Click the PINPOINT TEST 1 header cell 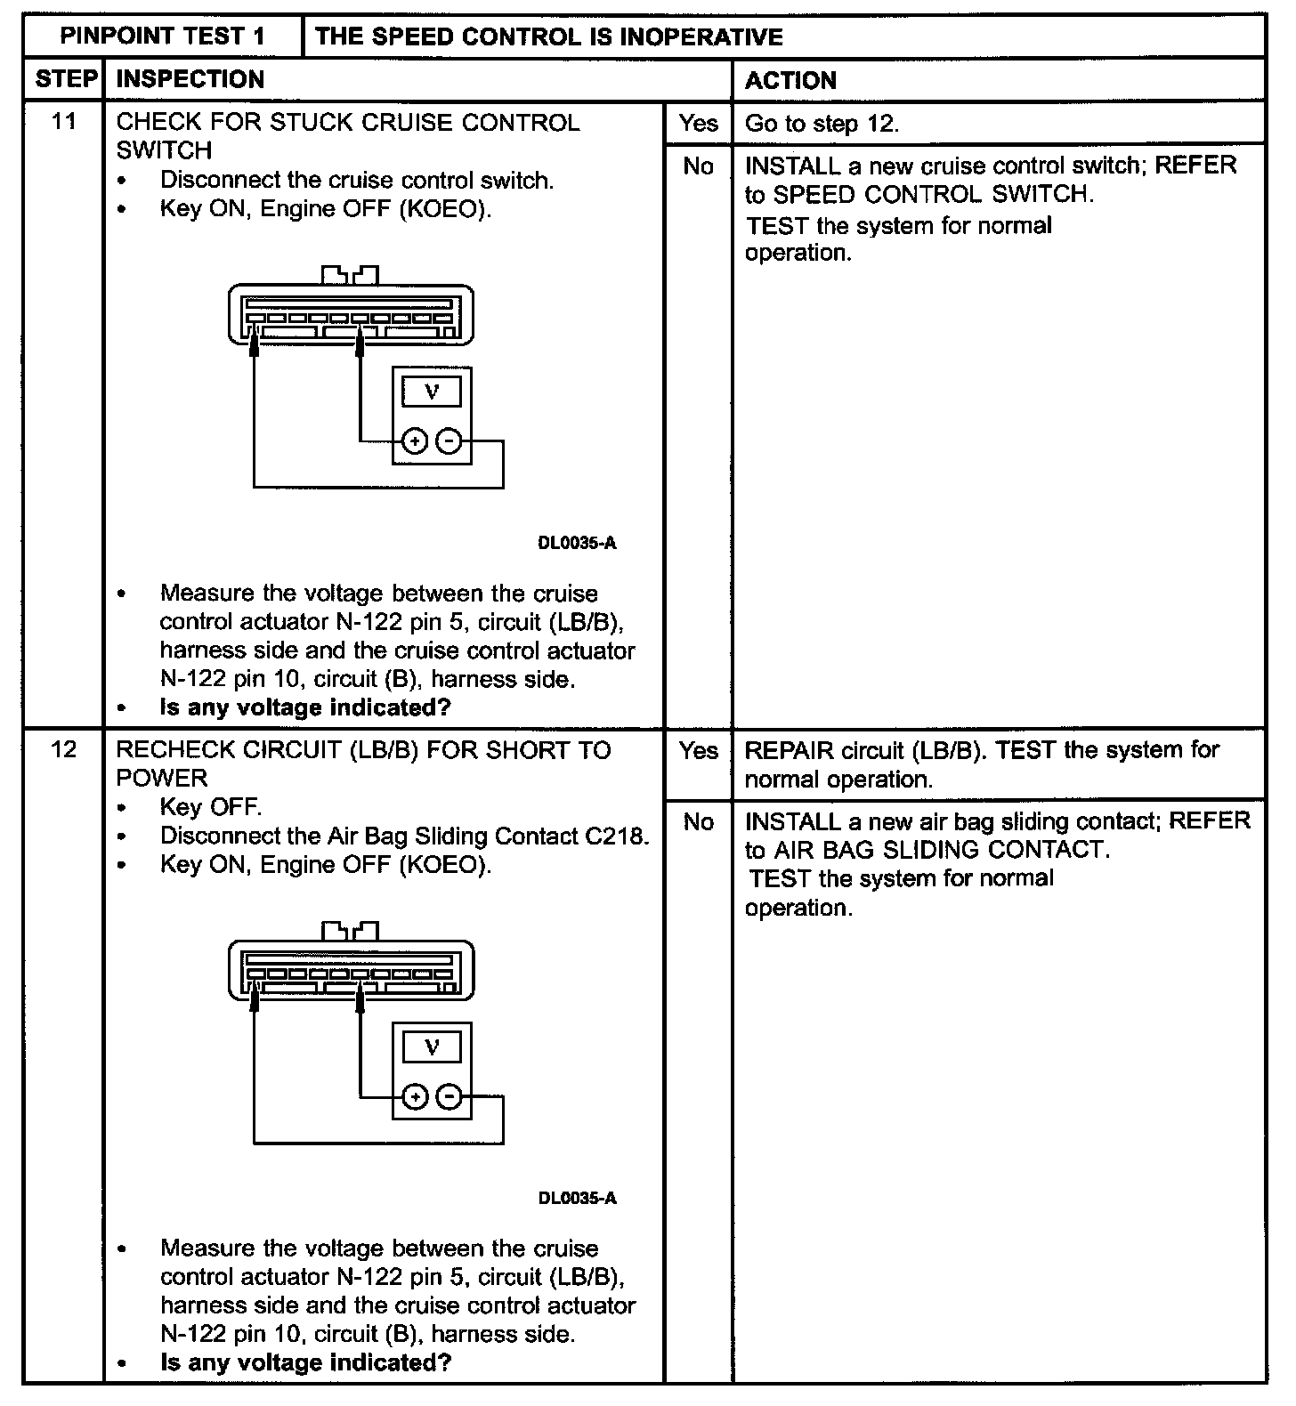coord(162,36)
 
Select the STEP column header coord(65,79)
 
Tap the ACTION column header coord(790,80)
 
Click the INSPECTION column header coord(190,79)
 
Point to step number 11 coord(63,121)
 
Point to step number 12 coord(63,749)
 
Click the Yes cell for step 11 coord(698,123)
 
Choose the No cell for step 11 coord(698,166)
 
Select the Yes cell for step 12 coord(698,750)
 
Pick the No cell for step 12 coord(698,821)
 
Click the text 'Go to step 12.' coord(822,124)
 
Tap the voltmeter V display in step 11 coord(432,392)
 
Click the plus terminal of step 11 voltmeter coord(415,440)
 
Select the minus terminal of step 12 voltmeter coord(450,1096)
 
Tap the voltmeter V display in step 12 coord(432,1046)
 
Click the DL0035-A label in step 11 coord(577,543)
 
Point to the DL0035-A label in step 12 coord(577,1198)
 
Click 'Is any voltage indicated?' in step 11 coord(305,707)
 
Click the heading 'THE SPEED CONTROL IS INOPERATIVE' coord(548,36)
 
